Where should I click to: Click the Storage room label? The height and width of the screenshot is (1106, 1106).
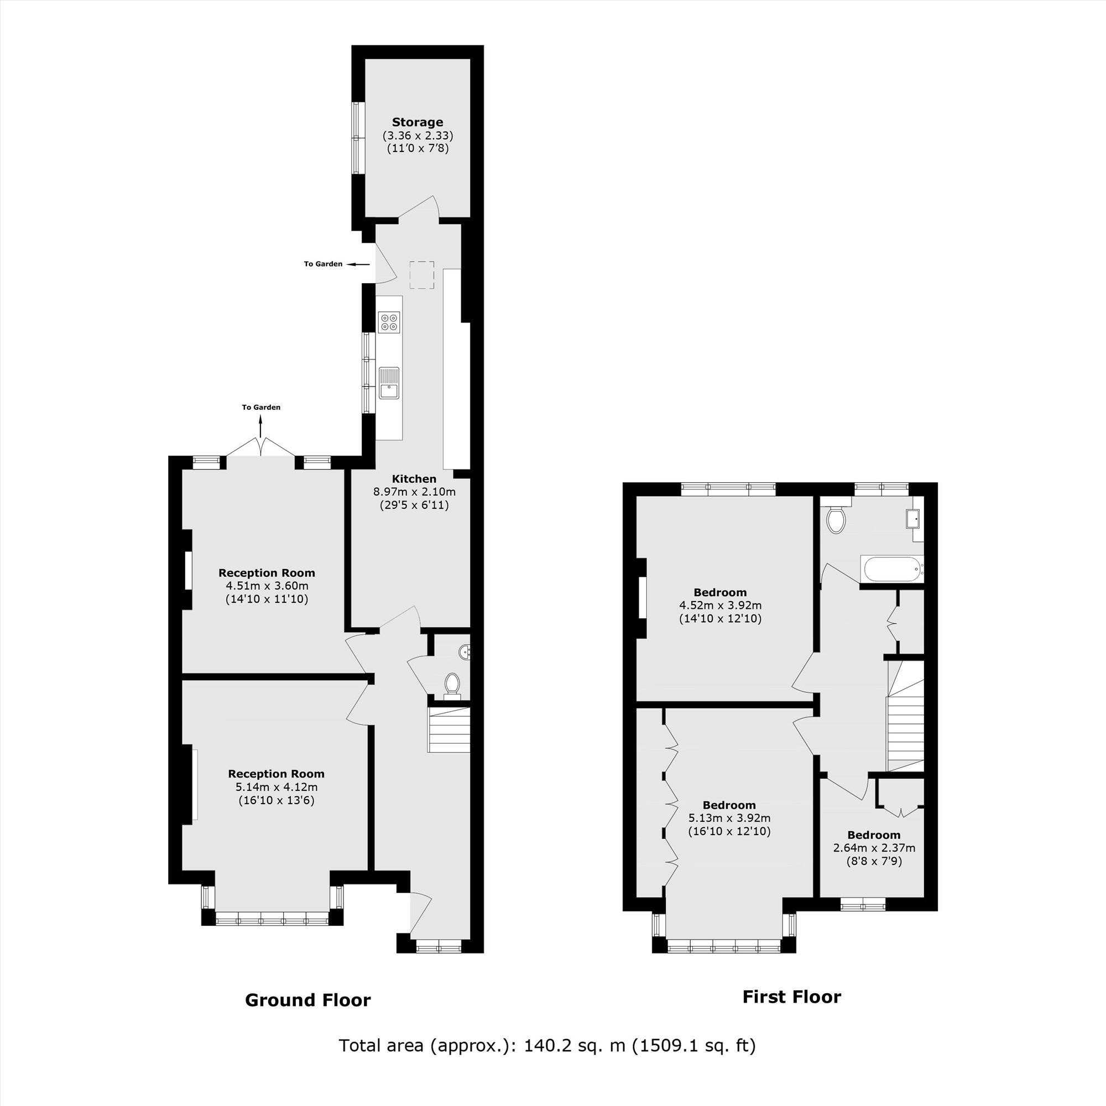[418, 122]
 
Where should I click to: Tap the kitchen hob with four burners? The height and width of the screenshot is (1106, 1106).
[389, 322]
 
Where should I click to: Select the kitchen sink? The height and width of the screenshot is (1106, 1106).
[389, 383]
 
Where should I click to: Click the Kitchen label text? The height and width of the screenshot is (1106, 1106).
[414, 478]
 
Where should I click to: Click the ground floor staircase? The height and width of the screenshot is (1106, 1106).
[450, 729]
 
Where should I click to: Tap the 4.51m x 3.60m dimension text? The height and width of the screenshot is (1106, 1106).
[267, 586]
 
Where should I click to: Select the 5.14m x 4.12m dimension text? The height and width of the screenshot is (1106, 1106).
[276, 786]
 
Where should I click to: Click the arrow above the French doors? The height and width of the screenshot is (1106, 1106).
[261, 427]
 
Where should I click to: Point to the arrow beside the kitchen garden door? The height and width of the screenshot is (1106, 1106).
[358, 264]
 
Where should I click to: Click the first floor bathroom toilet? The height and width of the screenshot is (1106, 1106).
[836, 518]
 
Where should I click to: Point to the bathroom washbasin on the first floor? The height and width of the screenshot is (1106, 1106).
[914, 519]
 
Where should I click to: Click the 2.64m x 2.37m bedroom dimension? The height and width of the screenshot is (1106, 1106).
[874, 848]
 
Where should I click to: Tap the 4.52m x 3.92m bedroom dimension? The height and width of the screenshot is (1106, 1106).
[720, 605]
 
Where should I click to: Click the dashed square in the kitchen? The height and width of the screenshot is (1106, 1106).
[421, 275]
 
